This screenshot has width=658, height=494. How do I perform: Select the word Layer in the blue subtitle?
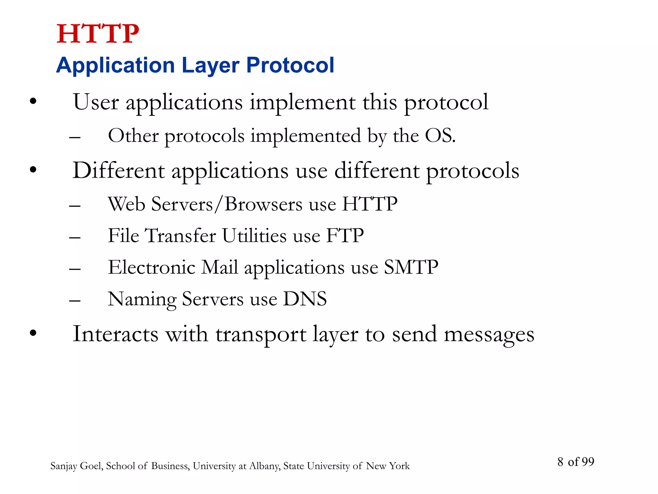[210, 65]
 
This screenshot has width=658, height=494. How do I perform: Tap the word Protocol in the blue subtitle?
[290, 65]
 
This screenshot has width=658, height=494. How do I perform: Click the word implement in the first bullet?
[302, 102]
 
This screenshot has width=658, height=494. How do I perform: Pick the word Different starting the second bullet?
[119, 170]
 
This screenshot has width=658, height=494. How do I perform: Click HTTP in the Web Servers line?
[369, 204]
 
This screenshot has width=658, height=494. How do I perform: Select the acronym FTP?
[345, 235]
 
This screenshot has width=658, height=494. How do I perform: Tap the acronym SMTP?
[411, 267]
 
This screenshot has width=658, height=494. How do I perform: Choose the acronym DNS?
[305, 299]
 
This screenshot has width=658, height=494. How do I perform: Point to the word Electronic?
[151, 267]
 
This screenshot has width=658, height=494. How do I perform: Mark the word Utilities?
[254, 235]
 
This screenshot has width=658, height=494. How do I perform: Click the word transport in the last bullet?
[261, 334]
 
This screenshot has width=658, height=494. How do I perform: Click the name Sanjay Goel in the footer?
[76, 466]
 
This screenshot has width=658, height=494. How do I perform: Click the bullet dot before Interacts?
[33, 333]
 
